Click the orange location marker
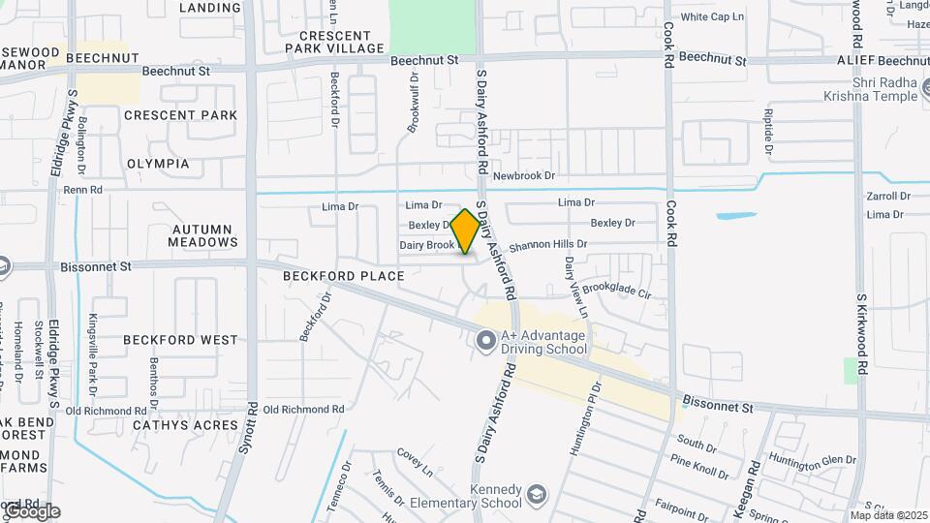466,231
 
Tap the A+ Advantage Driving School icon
485,340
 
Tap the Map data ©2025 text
888,515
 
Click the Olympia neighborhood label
158,164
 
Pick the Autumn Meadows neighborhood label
201,235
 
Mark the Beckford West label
180,340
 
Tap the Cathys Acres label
184,425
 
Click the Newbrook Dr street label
523,176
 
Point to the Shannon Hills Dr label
549,246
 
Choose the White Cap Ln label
712,17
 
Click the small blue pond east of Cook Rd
736,215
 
